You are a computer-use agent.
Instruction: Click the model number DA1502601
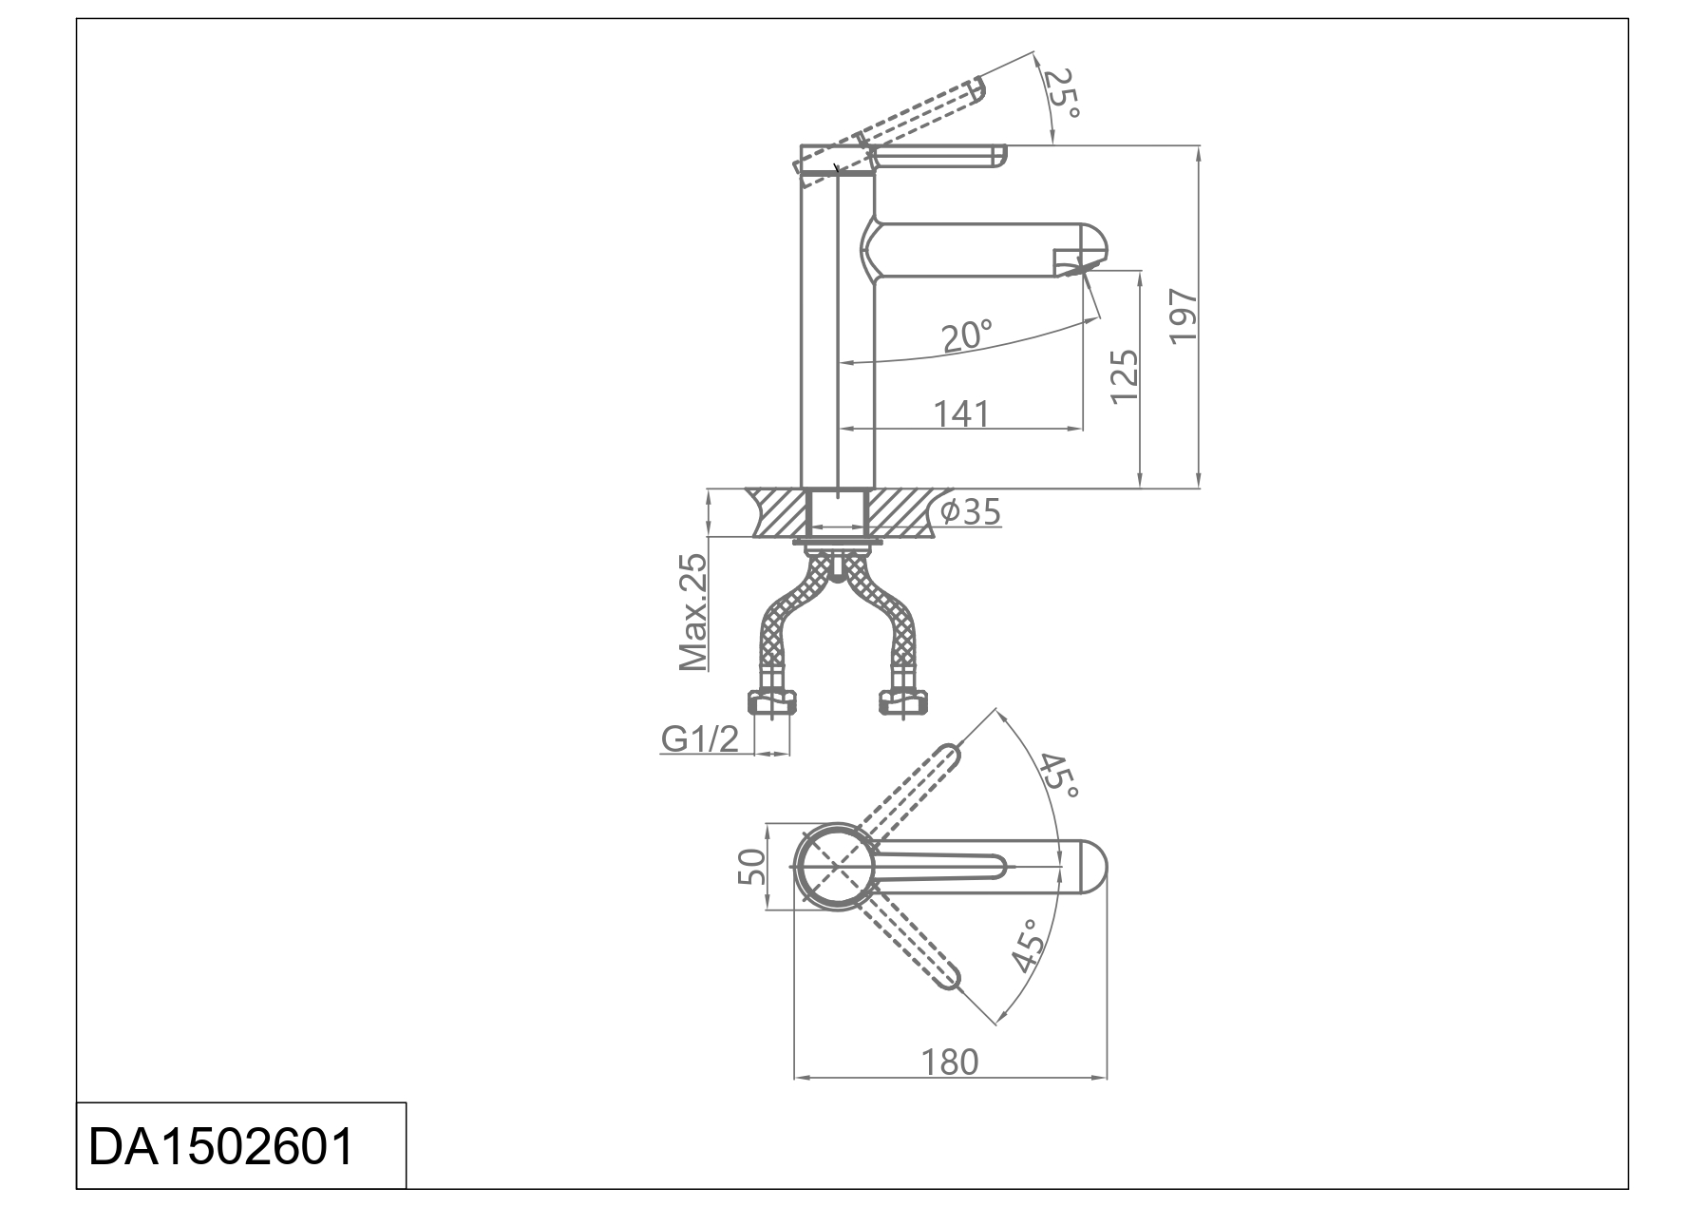point(220,1146)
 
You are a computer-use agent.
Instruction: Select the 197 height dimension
point(1184,316)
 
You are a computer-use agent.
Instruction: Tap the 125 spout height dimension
point(1125,375)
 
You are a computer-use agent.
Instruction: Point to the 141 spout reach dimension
point(961,414)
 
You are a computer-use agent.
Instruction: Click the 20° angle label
point(967,335)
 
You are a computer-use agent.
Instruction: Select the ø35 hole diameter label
point(970,512)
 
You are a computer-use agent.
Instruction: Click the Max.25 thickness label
point(694,613)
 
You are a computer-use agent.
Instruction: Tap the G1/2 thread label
point(700,738)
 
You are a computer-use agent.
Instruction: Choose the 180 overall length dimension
point(950,1061)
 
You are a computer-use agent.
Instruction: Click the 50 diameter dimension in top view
point(751,866)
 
